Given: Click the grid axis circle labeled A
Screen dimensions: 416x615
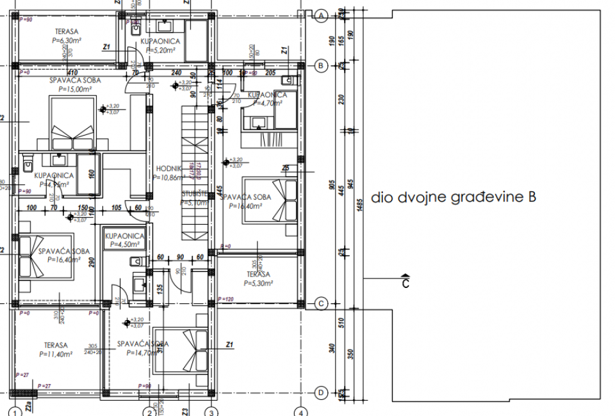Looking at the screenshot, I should pos(322,15).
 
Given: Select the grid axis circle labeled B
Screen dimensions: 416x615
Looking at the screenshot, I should pos(322,65).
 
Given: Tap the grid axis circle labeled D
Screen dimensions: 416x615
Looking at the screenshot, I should pos(322,392).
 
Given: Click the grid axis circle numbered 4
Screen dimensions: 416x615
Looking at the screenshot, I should pos(302,412).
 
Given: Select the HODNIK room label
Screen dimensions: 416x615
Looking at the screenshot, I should pos(169,170).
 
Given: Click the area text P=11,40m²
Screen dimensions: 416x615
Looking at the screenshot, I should pos(55,353).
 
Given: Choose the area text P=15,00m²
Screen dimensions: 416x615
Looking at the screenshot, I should pos(76,90).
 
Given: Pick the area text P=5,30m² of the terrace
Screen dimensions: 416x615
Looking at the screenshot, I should pos(258,282).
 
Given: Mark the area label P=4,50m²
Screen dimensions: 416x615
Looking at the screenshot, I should pos(125,244).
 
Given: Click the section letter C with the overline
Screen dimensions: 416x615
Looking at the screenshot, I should pos(405,283).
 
